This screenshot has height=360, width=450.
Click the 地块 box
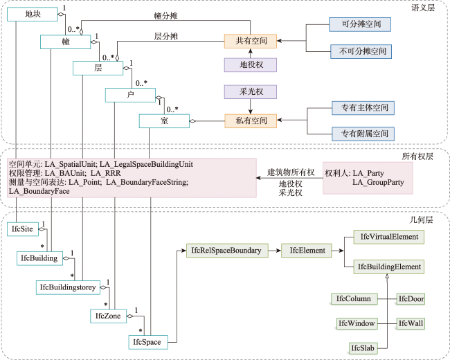[33, 14]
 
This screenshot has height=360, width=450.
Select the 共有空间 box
[250, 41]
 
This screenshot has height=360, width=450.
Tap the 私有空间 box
[250, 120]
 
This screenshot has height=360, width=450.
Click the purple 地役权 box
[250, 64]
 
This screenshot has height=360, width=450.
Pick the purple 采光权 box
[250, 92]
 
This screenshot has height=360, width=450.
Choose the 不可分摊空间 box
[361, 51]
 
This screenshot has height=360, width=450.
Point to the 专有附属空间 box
[363, 134]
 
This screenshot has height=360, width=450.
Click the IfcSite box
[23, 229]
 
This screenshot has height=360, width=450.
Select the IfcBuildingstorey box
[68, 287]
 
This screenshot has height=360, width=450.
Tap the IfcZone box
[108, 316]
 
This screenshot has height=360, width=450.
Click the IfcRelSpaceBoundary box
[227, 251]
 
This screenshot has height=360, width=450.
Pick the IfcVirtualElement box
[388, 237]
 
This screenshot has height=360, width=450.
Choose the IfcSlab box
[363, 348]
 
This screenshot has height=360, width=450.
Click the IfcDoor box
[411, 299]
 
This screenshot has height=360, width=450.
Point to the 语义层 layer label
[423, 8]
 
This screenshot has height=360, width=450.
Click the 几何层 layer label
[421, 219]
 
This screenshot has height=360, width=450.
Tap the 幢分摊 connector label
[165, 16]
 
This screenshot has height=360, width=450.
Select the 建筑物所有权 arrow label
[291, 172]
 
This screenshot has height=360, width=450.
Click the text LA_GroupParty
[378, 182]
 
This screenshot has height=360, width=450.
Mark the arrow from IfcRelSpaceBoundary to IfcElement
[275, 251]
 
